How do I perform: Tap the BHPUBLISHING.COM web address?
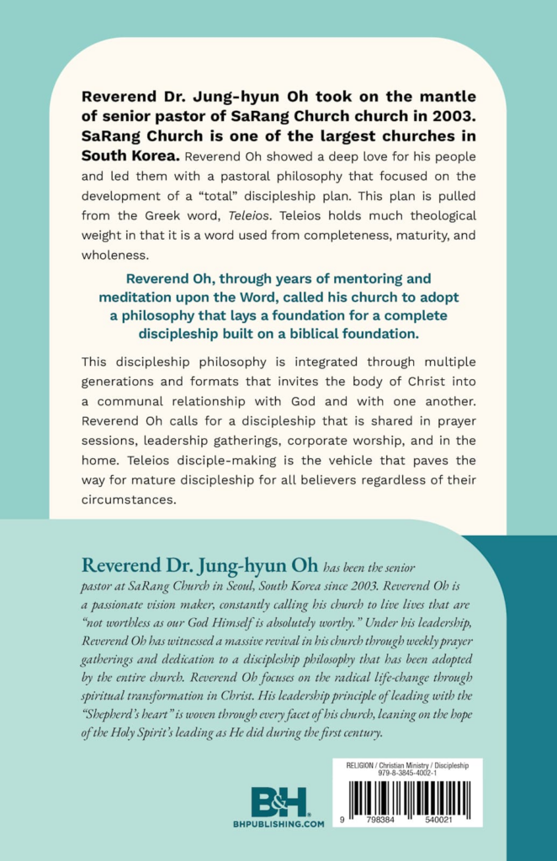coord(278,825)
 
